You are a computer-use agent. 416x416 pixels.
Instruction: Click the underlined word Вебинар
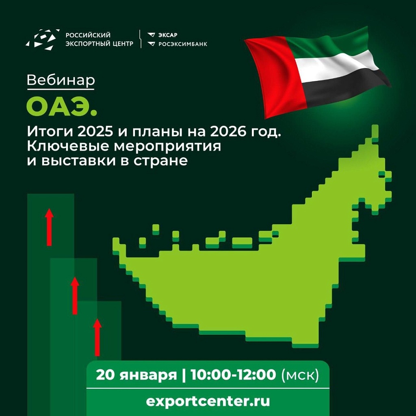point(61,80)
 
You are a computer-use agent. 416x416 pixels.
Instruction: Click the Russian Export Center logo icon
point(42,39)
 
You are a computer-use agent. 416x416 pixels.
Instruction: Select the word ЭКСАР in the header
point(168,35)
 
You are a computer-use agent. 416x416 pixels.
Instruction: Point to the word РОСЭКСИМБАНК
point(182,44)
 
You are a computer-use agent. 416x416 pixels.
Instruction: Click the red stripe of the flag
point(276,77)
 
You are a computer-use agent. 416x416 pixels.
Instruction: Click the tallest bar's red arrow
point(49,227)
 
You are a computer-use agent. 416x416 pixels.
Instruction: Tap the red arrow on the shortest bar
point(97,337)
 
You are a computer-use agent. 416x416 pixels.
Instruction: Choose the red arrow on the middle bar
point(75,296)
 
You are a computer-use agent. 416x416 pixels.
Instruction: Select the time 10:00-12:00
point(233,375)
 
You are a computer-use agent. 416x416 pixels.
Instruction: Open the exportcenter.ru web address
point(208,401)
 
